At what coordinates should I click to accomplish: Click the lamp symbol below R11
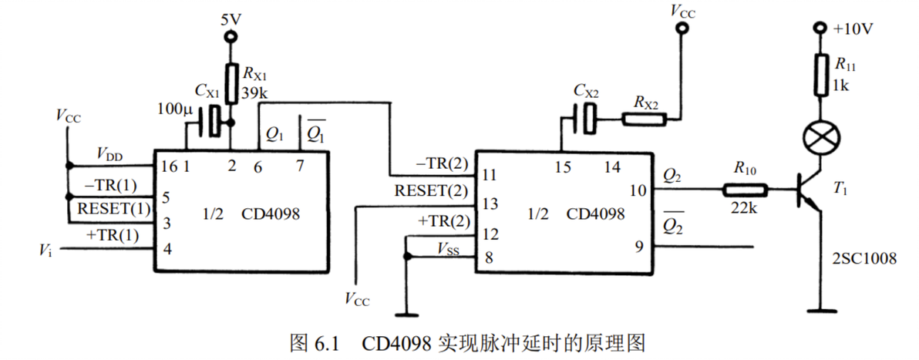(x=821, y=138)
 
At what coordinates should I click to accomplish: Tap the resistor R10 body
(x=745, y=190)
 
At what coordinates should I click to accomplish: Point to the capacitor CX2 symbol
(x=584, y=119)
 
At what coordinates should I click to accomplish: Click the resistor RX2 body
(x=644, y=120)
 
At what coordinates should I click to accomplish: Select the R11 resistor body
(x=821, y=74)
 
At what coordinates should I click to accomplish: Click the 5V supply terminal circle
(x=231, y=37)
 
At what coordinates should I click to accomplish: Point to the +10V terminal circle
(x=821, y=28)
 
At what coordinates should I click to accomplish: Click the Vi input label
(x=45, y=251)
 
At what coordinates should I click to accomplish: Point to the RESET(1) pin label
(x=109, y=208)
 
